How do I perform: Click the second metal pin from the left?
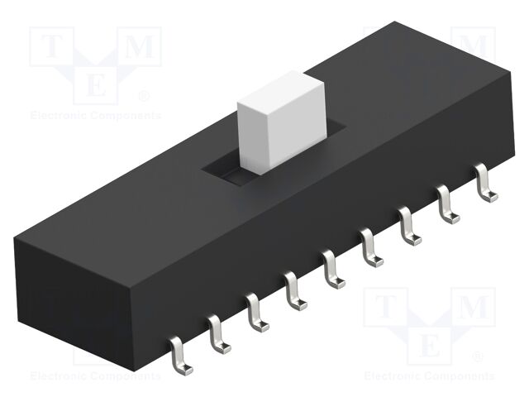coord(217,332)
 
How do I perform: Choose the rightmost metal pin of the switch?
coord(486,184)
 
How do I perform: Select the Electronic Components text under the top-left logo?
coord(95,116)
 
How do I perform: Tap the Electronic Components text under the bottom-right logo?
coord(429,376)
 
